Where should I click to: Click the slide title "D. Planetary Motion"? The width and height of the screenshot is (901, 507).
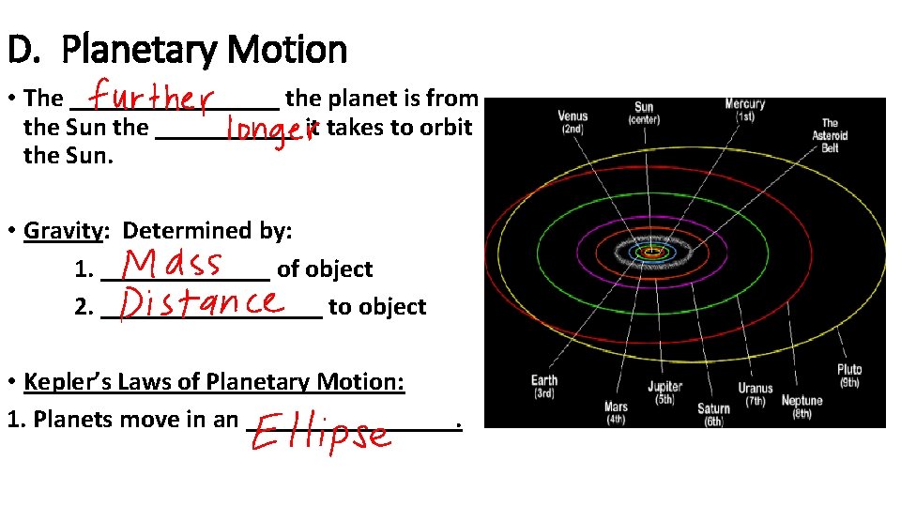coord(176,49)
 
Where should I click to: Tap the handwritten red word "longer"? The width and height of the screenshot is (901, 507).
coord(271,132)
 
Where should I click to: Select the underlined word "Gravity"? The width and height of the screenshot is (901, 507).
coord(63,230)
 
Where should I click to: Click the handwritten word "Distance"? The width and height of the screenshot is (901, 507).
coord(202,302)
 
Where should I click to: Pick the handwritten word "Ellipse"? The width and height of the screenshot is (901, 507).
coord(319,434)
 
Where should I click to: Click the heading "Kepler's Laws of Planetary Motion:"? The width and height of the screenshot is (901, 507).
coord(214,381)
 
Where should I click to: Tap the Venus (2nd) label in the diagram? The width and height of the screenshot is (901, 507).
coord(573,122)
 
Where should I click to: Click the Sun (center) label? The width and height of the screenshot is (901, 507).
coord(644,114)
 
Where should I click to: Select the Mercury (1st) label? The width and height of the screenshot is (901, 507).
coord(744,111)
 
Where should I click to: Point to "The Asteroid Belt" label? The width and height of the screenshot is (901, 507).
coord(830,135)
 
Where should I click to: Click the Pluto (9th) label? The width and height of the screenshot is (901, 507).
coord(849,376)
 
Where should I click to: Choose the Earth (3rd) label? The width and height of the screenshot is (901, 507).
coord(544,387)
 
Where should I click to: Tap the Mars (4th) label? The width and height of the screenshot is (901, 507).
coord(616,413)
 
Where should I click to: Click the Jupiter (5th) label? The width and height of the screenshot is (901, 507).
coord(664,392)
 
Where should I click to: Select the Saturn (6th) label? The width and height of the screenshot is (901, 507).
coord(713,415)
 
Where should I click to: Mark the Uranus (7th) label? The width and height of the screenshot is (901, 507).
coord(756,394)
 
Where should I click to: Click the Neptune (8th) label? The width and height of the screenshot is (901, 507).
coord(802,407)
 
